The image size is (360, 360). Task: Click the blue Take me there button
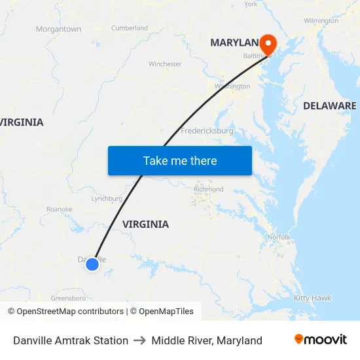[180, 160]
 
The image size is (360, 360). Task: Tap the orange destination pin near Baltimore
[268, 43]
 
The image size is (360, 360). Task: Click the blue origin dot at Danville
[92, 264]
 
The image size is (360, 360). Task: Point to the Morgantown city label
[58, 29]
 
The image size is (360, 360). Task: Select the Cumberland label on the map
[130, 28]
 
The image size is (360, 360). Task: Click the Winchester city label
[165, 64]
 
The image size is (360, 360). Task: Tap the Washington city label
[232, 86]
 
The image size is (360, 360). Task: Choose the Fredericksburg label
[207, 131]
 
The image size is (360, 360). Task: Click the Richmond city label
[208, 189]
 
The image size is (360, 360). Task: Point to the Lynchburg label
[107, 198]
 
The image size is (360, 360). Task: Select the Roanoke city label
[59, 209]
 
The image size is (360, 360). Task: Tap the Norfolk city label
[279, 237]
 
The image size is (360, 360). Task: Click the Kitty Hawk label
[312, 298]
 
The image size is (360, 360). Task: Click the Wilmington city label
[321, 21]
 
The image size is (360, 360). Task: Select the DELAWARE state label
[329, 105]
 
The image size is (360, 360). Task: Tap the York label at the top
[251, 4]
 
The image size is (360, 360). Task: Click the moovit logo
[321, 340]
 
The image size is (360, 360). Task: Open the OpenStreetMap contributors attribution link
[65, 312]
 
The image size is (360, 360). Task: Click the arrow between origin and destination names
[139, 340]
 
